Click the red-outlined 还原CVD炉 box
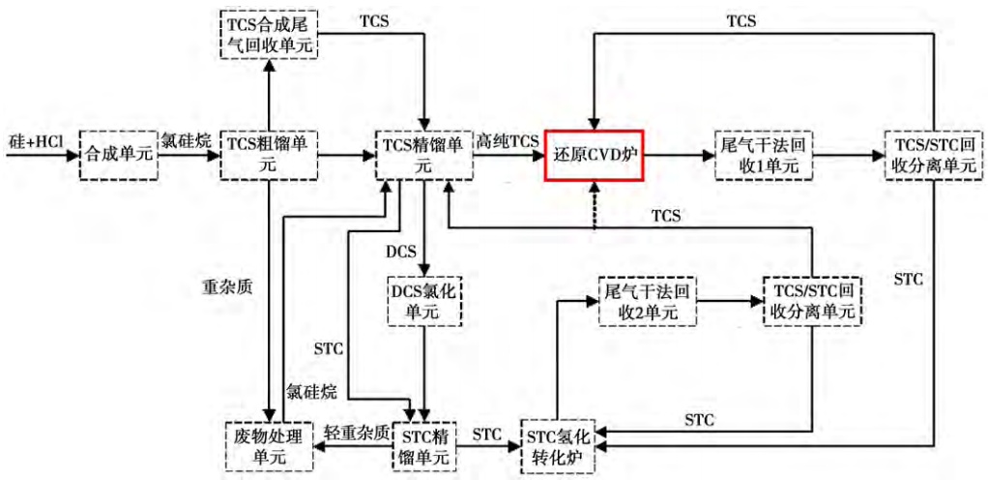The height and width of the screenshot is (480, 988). coord(595,153)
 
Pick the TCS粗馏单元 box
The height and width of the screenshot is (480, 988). coord(268,153)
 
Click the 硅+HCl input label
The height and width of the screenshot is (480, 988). coord(33,142)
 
